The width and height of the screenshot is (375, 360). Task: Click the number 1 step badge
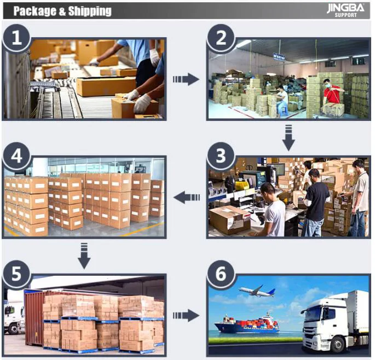pyautogui.click(x=17, y=38)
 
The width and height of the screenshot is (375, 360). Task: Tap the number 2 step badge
pyautogui.click(x=221, y=38)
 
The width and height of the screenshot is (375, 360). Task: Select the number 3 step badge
pyautogui.click(x=221, y=156)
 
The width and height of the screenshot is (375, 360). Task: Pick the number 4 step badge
pyautogui.click(x=17, y=156)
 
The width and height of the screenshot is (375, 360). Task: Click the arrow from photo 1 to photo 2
pyautogui.click(x=186, y=79)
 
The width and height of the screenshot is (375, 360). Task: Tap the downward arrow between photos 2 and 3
pyautogui.click(x=289, y=137)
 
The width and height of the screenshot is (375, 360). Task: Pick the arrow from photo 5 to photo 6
pyautogui.click(x=186, y=316)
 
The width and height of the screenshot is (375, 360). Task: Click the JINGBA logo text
pyautogui.click(x=345, y=8)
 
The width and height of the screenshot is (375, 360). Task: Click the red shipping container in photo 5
pyautogui.click(x=34, y=321)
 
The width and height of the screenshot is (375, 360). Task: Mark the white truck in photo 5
pyautogui.click(x=13, y=317)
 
